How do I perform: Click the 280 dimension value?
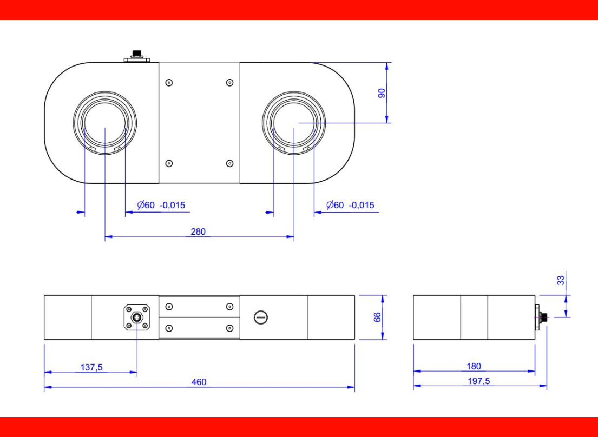198,232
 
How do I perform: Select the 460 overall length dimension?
199,382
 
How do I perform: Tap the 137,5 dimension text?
91,367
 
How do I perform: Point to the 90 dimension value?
382,92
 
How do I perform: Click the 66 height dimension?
378,317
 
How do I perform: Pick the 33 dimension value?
561,280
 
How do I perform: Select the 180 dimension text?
474,366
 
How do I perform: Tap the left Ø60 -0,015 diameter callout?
161,205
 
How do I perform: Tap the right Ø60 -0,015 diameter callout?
350,205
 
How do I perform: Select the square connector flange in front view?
137,317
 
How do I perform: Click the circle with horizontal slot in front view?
261,317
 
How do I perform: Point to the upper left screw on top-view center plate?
169,83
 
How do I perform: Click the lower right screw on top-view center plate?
229,163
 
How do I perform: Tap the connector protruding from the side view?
541,317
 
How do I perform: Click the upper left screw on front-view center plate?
169,307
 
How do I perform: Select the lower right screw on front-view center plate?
229,328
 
